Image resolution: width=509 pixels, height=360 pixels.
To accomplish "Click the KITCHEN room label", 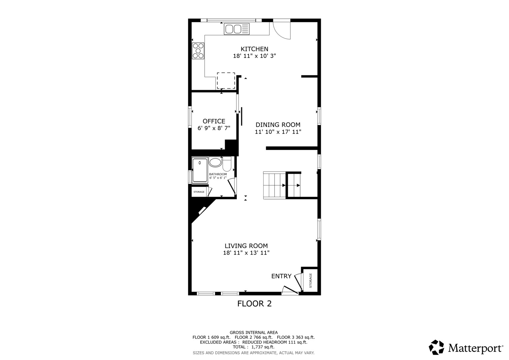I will coord(254,49).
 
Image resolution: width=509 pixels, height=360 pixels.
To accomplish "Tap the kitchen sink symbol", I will coord(236,29).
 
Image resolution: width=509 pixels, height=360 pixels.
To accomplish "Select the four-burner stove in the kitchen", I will coord(198,51).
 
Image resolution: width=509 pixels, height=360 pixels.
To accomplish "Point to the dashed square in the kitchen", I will coord(226,81).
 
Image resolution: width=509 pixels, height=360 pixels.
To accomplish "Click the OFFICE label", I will coord(214,121).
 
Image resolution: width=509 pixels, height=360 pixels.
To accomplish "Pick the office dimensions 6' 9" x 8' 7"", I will coord(214,128).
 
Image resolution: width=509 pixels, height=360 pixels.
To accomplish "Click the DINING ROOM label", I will coord(278,125).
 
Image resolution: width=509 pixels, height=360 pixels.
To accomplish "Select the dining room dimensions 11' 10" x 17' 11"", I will coord(278,132).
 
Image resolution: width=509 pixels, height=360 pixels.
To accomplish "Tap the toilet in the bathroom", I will coord(227,164).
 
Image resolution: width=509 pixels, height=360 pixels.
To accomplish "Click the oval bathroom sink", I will coord(215,163).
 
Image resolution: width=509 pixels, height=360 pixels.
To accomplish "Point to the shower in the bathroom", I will coord(200,170).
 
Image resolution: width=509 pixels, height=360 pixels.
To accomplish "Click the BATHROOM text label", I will coord(218,174).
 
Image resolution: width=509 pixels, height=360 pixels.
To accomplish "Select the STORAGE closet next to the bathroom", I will coord(199,192).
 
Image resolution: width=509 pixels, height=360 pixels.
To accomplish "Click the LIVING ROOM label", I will coord(246,246).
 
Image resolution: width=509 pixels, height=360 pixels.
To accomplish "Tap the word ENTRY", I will coord(281,276).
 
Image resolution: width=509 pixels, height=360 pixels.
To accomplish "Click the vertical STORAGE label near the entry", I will coord(311,280).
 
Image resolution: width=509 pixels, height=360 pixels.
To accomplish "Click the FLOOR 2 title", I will coord(254,304).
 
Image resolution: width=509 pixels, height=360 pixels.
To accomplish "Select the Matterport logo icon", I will coord(436,347).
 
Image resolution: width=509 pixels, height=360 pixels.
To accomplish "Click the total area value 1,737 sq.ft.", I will coord(263,347).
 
